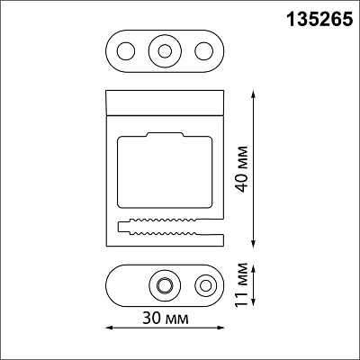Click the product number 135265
(x=319, y=20)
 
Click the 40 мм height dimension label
(x=241, y=169)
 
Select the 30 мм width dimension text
(x=166, y=318)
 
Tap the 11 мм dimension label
(x=241, y=285)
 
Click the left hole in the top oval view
(x=126, y=51)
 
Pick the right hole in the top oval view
(x=204, y=51)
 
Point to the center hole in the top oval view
(x=165, y=51)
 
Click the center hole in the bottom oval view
(x=165, y=285)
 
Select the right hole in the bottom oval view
(x=206, y=285)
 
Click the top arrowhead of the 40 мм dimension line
(x=254, y=93)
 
